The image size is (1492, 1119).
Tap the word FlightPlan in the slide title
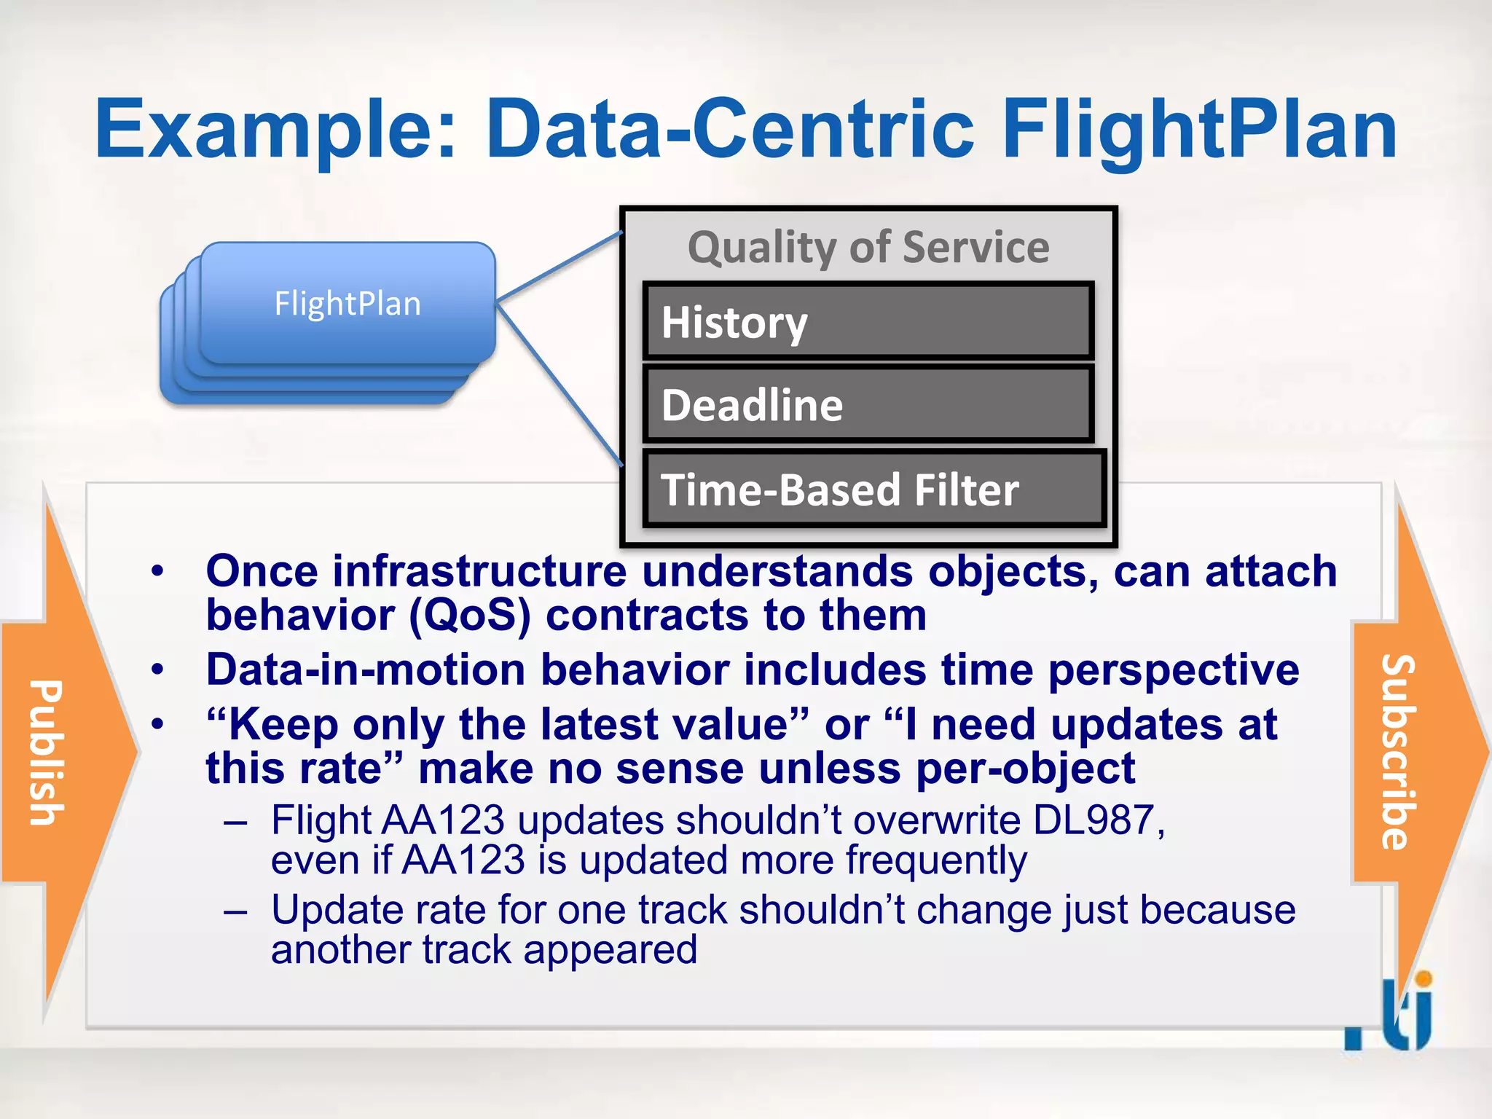1199,131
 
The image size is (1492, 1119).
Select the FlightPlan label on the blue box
348,304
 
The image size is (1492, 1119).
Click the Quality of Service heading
868,248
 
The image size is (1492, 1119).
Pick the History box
868,321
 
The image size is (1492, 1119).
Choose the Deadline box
868,404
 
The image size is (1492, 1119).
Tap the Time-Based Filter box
874,489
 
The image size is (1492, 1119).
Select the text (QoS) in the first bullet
469,616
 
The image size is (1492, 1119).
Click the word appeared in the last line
610,950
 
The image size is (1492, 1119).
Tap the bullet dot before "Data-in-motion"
157,670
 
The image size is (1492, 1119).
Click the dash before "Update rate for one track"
236,911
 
